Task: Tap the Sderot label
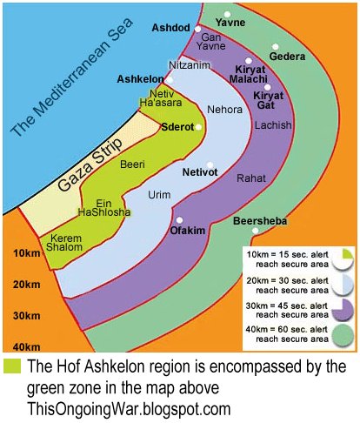(x=178, y=127)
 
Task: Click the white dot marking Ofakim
(x=180, y=219)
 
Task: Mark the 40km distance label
(x=27, y=347)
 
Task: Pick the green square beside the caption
(x=11, y=365)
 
